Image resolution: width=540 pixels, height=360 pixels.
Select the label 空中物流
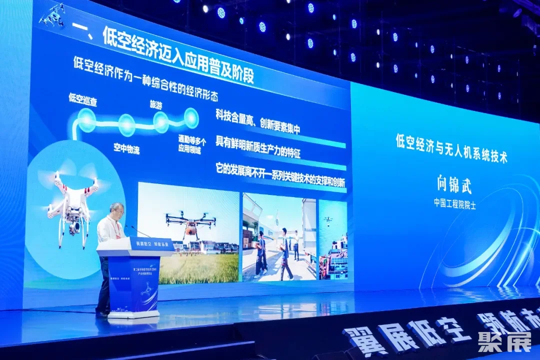126,148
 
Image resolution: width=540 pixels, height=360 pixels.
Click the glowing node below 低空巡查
86,119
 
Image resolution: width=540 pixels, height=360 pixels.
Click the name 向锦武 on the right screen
454,185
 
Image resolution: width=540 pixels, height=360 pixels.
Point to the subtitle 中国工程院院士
454,204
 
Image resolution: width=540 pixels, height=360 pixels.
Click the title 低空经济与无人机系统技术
451,148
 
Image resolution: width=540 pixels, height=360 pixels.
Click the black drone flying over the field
190,222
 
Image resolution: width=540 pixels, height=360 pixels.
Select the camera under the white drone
74,227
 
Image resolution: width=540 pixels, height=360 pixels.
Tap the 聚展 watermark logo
497,342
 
